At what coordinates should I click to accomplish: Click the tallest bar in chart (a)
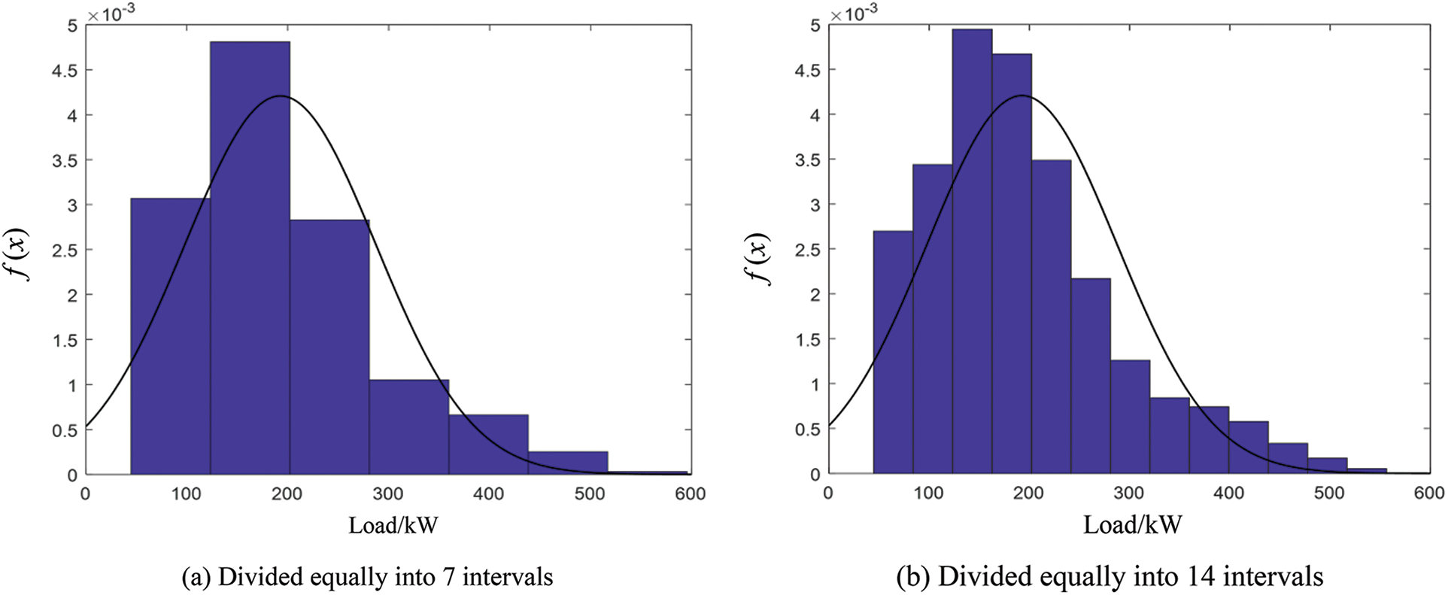tap(250, 256)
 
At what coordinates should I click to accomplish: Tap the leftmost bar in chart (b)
tap(893, 354)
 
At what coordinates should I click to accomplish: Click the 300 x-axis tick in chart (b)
tap(1128, 493)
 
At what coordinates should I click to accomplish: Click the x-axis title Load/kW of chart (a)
tap(393, 525)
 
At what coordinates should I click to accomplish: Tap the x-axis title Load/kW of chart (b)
tap(1132, 525)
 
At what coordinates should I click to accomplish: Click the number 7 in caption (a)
tap(448, 578)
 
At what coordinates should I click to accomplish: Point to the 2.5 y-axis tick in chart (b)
tap(809, 250)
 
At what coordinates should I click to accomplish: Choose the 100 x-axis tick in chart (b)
tap(928, 493)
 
